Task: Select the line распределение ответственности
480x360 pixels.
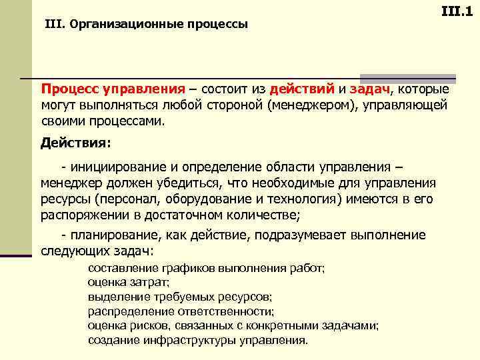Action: tap(181, 311)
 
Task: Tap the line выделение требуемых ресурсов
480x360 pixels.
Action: tap(179, 297)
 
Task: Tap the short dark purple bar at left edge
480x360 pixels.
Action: tap(16, 255)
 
